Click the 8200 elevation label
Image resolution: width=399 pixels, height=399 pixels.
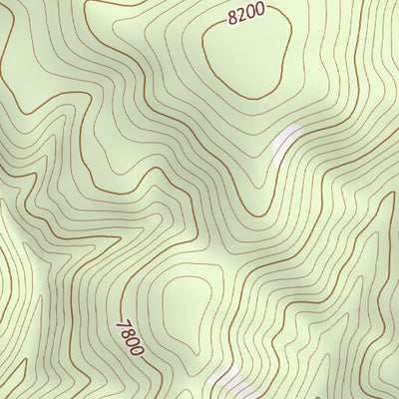(245, 14)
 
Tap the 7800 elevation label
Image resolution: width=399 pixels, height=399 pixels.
(131, 338)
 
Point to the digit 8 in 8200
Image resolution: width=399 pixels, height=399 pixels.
(232, 18)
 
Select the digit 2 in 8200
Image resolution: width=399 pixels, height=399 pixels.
(241, 15)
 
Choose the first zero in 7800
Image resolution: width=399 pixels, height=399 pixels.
(133, 342)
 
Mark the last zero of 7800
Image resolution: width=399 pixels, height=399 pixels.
(137, 351)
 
